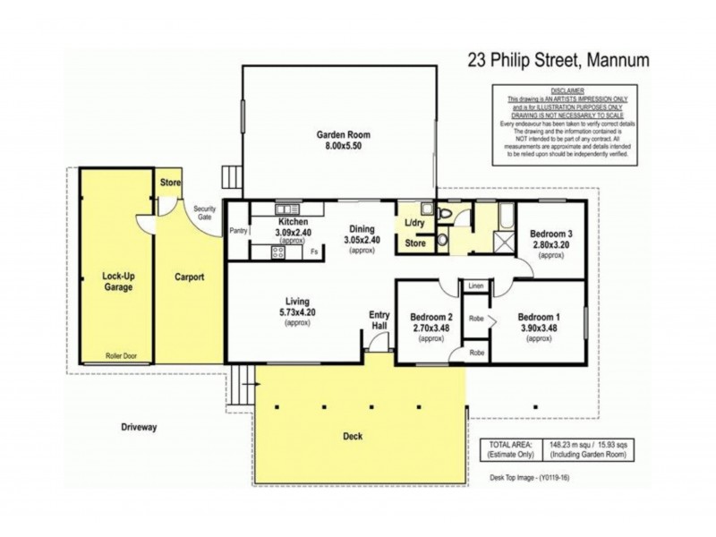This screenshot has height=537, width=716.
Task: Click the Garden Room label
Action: tap(343, 135)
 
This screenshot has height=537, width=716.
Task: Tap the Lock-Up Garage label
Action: tap(116, 283)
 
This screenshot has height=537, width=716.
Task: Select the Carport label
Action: tap(189, 277)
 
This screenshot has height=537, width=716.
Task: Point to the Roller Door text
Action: tap(116, 355)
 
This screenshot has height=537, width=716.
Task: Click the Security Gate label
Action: tap(205, 213)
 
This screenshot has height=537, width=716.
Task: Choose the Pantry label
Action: tap(238, 231)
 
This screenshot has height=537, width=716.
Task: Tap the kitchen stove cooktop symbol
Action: tap(277, 252)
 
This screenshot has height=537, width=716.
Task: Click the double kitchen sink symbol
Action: tap(286, 209)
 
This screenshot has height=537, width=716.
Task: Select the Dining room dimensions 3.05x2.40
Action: tap(362, 240)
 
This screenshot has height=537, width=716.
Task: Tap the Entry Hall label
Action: tap(379, 320)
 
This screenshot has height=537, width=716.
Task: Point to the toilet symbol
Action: tap(445, 240)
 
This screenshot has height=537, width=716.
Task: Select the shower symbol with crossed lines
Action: tap(500, 242)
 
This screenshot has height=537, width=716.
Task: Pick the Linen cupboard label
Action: tap(474, 286)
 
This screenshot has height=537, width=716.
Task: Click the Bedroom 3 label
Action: tap(550, 234)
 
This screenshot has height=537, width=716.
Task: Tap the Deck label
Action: tap(353, 437)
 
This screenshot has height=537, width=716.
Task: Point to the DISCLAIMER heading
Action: tap(567, 90)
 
